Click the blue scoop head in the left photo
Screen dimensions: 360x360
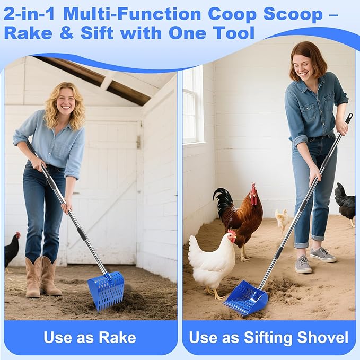[108, 289]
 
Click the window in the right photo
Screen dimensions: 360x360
[192, 106]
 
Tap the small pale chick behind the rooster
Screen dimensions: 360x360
[283, 218]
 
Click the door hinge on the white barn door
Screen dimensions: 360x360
[138, 142]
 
